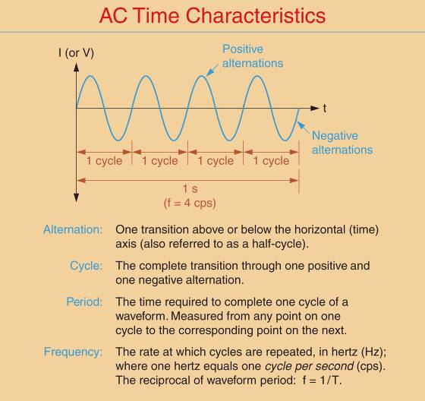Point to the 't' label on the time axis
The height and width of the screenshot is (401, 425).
[326, 109]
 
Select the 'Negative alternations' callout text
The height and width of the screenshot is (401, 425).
[342, 142]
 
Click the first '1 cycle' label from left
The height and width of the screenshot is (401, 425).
[104, 161]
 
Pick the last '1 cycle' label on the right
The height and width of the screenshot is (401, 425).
[271, 161]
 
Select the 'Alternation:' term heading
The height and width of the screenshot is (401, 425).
[73, 229]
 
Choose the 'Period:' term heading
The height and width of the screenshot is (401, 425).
[83, 302]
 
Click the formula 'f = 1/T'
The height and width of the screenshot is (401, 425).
[324, 380]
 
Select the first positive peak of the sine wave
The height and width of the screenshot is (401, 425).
[90, 76]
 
